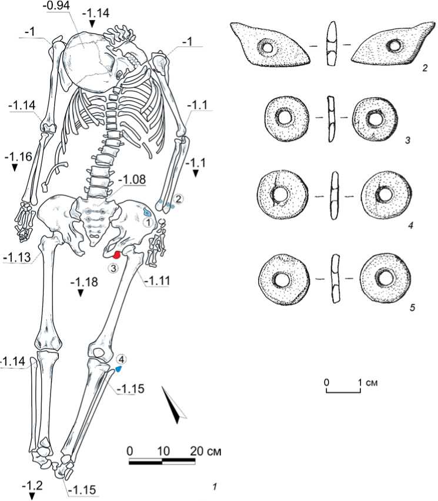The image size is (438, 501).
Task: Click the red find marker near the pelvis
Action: click(117, 255)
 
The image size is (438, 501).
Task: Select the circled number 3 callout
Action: click(113, 268)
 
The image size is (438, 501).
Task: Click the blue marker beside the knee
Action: click(118, 369)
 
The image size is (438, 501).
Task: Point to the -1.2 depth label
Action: click(32, 486)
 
